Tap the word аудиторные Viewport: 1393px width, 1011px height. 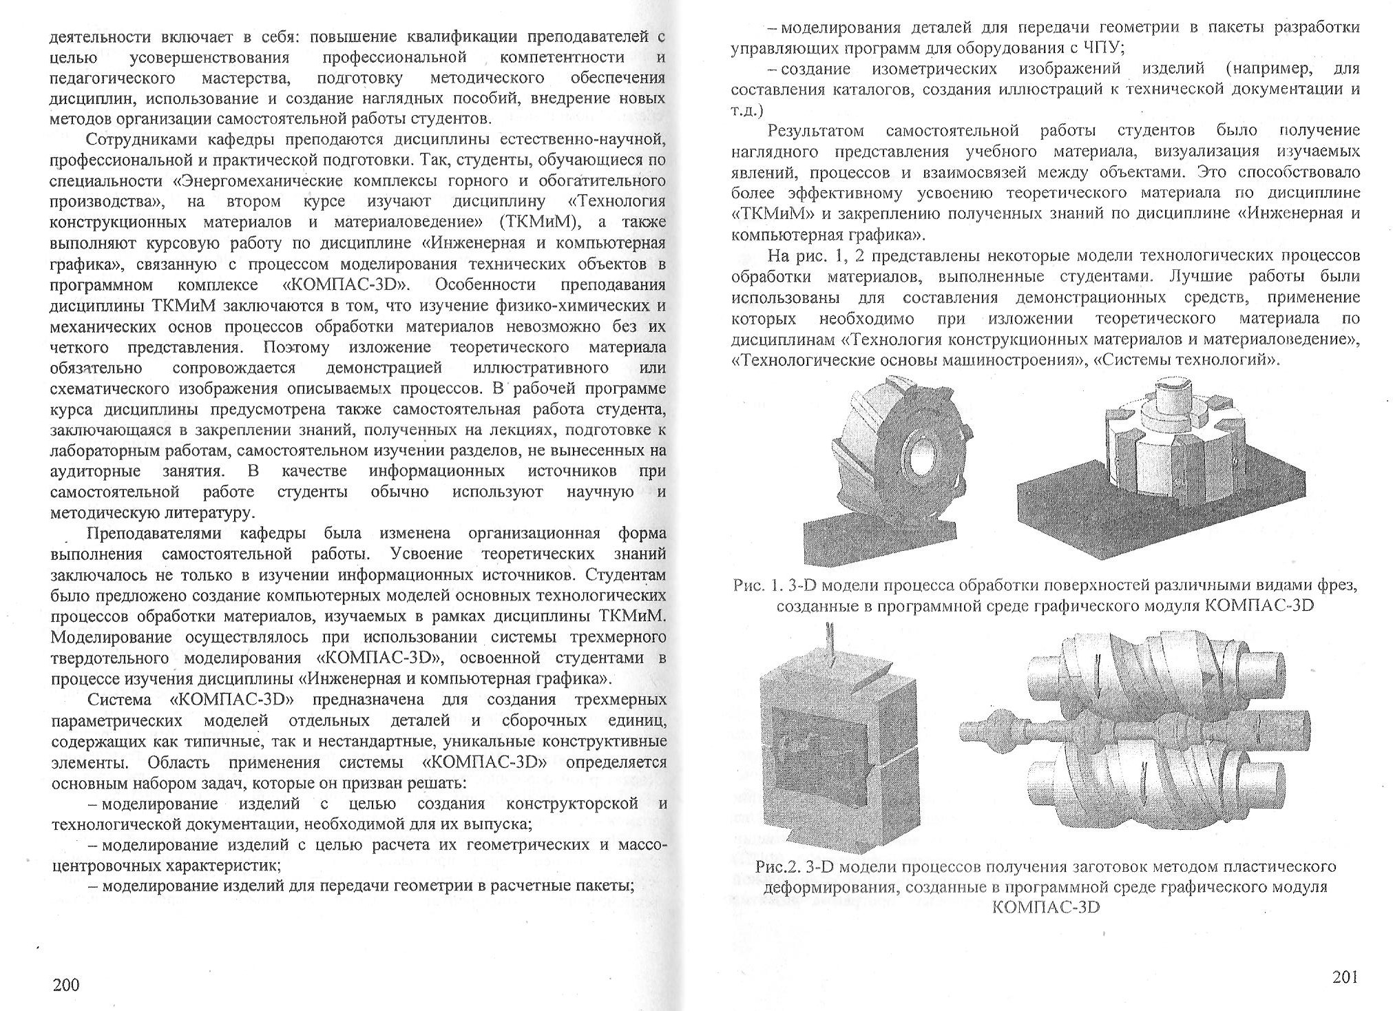96,472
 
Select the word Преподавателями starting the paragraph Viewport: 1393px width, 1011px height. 156,534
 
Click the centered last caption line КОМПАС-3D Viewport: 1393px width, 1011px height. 1045,906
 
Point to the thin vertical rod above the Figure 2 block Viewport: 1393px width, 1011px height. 831,645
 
